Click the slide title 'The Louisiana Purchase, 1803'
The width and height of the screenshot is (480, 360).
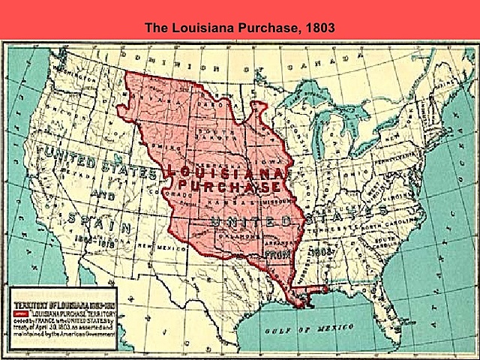[240, 28]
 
